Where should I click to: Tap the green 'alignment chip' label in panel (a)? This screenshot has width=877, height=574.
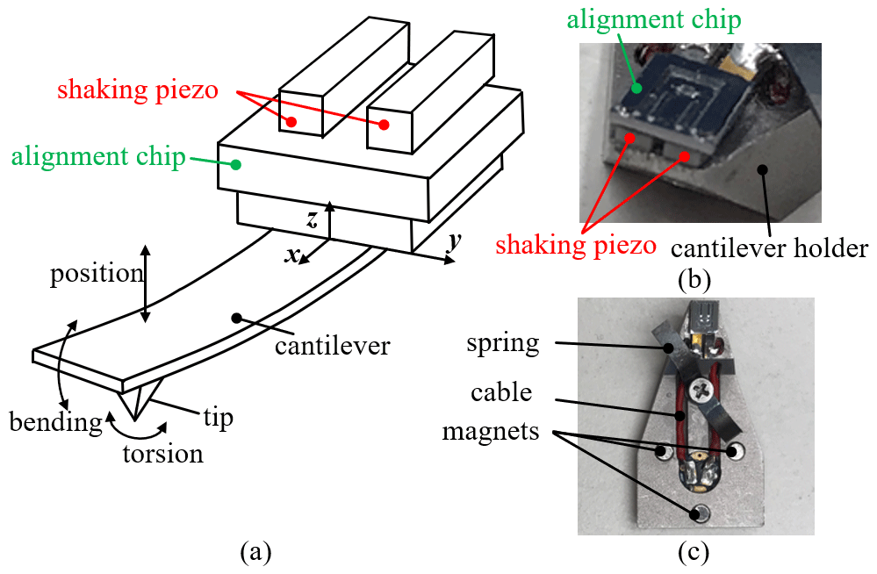point(97,158)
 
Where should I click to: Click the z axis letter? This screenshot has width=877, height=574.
point(312,220)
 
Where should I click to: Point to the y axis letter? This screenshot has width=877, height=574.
point(453,240)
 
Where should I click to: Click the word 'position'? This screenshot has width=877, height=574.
point(97,273)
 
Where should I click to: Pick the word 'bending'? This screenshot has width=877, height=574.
point(56,422)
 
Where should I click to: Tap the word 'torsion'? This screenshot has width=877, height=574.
point(162,454)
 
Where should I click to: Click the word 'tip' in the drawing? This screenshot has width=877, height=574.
point(219,417)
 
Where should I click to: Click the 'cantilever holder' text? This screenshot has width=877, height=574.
point(769,248)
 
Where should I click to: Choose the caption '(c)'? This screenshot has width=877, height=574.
point(694,553)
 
